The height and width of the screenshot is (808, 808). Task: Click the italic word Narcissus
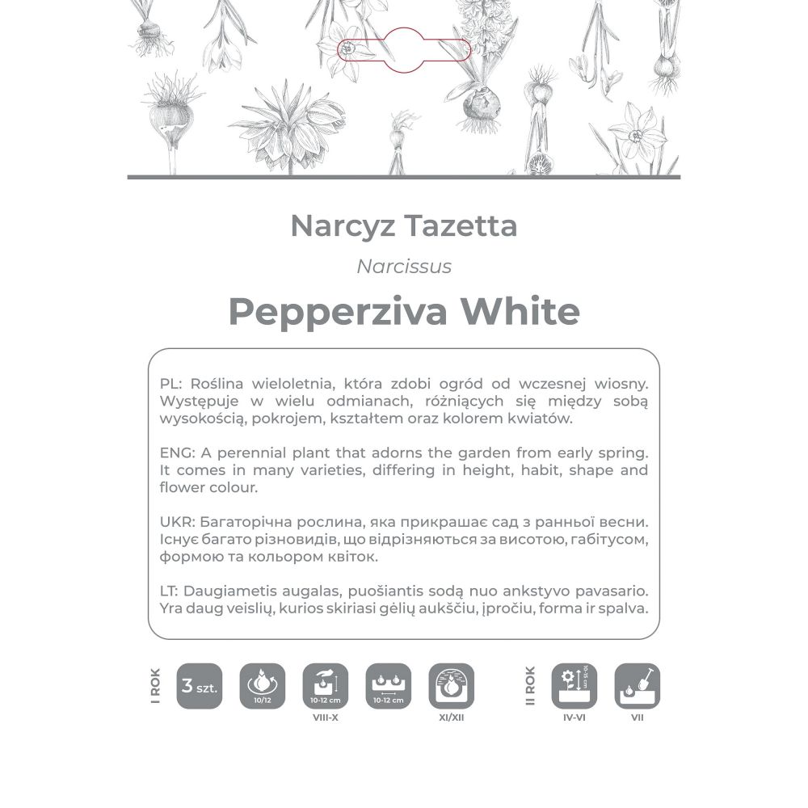pos(404,267)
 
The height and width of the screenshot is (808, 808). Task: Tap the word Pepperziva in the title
pos(338,311)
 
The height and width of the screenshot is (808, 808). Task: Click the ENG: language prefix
pos(175,452)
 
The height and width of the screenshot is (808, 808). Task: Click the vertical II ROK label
pos(530,686)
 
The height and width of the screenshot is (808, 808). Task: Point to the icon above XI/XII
pos(451,686)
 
